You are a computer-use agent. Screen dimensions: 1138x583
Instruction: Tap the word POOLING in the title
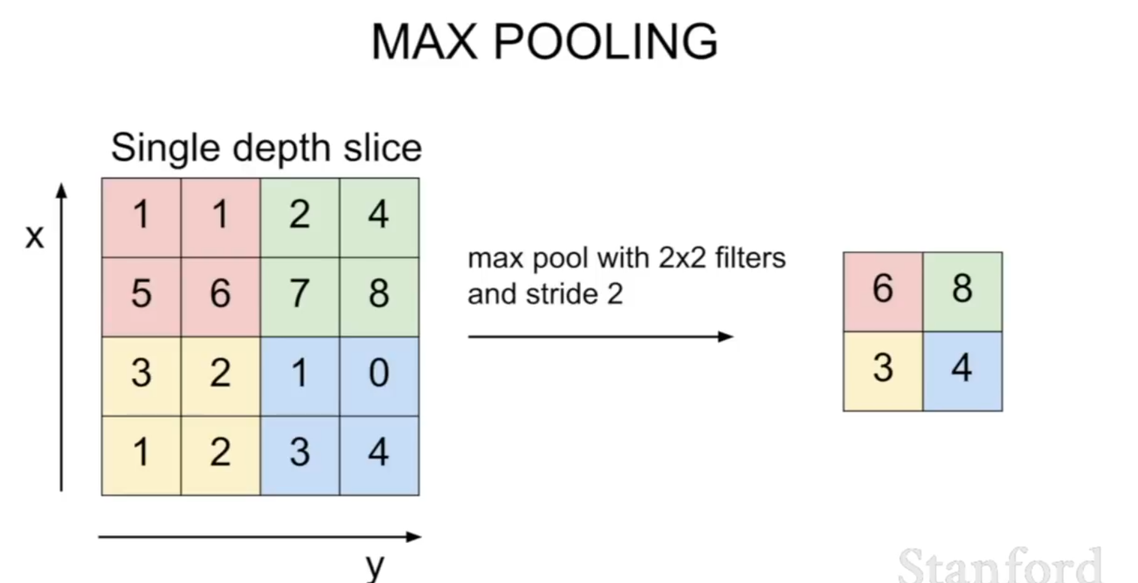pos(606,41)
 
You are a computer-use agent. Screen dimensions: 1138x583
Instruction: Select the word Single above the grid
pos(166,148)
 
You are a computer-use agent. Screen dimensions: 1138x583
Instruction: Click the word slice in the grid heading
pos(382,148)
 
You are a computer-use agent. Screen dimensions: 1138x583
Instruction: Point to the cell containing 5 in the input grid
pos(141,296)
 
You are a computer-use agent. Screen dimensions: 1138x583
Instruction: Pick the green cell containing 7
pos(300,296)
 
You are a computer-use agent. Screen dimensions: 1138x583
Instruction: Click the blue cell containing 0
pos(380,376)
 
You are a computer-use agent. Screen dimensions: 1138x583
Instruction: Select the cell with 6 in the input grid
pos(221,296)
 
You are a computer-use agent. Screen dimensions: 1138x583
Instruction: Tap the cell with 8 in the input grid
pos(380,296)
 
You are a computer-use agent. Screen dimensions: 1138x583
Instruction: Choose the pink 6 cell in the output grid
pos(883,291)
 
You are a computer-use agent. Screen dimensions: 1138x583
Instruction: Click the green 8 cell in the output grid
pos(963,291)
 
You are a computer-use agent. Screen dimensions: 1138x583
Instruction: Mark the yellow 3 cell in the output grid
pos(883,371)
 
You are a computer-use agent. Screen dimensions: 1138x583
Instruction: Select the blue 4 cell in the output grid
pos(963,371)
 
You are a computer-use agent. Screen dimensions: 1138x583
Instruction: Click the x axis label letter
pos(35,237)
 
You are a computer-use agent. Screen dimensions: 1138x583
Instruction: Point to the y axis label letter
pos(375,567)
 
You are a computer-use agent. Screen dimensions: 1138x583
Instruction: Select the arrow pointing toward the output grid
pos(600,336)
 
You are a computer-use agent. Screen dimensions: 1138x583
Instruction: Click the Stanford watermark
pos(1000,565)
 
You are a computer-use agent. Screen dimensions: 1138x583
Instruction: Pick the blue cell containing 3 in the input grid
pos(300,455)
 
